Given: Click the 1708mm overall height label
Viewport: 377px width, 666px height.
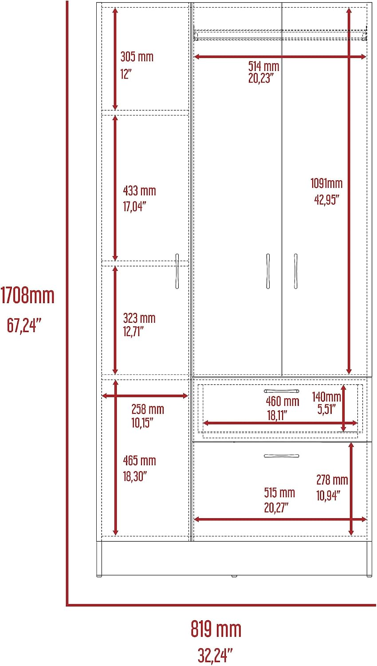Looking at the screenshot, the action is point(27,296).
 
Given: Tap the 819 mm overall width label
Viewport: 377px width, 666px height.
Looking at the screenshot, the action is point(216,629).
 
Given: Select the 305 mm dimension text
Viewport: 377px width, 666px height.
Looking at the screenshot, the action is point(137,57).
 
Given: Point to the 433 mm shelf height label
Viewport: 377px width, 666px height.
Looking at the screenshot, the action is point(140,191).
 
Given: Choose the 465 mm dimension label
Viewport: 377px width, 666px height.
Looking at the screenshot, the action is point(140,460).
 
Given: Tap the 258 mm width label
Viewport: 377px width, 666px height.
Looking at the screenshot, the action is point(148,409).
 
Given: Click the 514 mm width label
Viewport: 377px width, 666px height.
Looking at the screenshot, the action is point(264,66).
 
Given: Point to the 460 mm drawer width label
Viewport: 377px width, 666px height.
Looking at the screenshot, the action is point(283,401).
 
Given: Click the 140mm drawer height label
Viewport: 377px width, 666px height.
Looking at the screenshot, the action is point(326,396).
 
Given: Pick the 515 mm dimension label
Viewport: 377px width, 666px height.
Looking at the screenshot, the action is point(279,493).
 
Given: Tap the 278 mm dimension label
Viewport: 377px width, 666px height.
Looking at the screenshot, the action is point(332,480).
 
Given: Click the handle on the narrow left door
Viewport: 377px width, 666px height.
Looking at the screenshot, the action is point(177,271).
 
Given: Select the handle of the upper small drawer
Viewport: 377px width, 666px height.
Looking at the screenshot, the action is point(282,391).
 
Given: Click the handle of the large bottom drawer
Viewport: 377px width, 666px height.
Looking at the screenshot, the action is point(282,456).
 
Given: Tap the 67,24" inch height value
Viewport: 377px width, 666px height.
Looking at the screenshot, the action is point(24,325).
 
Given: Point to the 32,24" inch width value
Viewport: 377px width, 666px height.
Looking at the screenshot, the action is point(215,655).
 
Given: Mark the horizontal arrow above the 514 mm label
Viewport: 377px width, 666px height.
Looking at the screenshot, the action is point(280,56).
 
